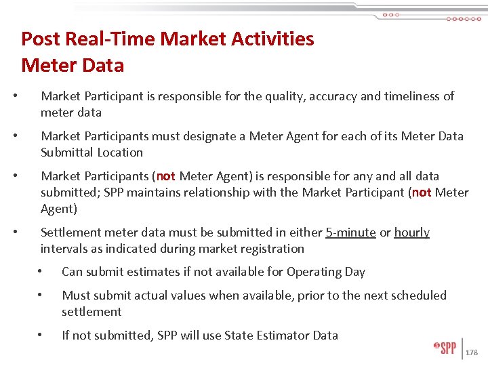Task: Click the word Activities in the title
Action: [x=271, y=39]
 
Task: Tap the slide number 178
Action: [x=472, y=352]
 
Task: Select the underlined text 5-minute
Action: [x=350, y=232]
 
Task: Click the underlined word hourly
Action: [x=411, y=232]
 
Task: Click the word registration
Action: [x=271, y=249]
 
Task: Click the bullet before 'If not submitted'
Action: [x=41, y=335]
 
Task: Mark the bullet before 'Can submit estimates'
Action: [x=41, y=272]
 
